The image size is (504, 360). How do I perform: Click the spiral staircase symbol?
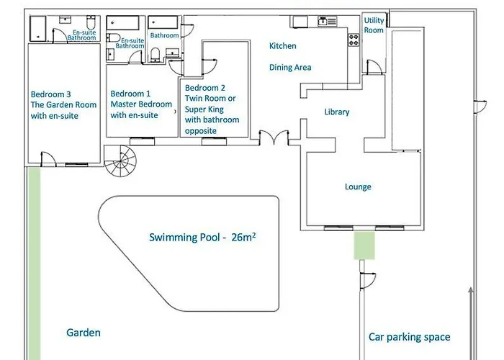[120, 161]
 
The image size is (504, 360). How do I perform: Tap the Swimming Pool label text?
[202, 237]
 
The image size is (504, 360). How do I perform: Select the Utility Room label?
[374, 25]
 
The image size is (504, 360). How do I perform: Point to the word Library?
[336, 112]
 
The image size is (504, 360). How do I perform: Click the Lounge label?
[358, 186]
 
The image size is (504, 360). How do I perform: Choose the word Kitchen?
[282, 46]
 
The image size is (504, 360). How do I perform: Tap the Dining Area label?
[290, 68]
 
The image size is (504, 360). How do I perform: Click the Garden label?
[84, 333]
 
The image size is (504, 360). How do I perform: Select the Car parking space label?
[409, 337]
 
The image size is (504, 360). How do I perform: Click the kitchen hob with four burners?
[354, 40]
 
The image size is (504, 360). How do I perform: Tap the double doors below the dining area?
[274, 138]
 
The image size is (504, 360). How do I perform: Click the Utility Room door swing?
[374, 66]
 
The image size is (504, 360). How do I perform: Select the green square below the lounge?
[364, 246]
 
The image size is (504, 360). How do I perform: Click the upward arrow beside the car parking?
[471, 323]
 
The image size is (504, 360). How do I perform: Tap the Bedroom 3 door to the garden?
[48, 159]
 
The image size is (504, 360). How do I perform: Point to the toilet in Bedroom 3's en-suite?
[91, 23]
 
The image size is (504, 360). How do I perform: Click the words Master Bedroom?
[141, 104]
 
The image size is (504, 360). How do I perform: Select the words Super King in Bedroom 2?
[204, 109]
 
